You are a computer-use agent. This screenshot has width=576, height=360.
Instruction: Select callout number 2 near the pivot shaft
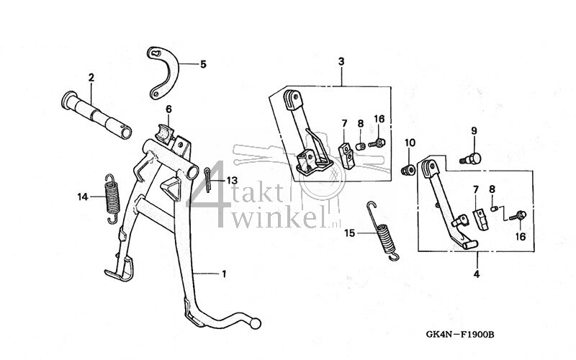(x=91, y=77)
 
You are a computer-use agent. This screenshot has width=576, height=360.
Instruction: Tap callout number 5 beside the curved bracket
(x=203, y=64)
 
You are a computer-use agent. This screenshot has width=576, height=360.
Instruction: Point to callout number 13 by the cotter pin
(x=231, y=179)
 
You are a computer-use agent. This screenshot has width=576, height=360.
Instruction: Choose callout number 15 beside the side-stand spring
(x=349, y=233)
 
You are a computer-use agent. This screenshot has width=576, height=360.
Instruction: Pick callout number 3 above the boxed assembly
(x=341, y=63)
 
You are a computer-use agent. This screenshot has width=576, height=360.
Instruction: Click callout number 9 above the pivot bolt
(x=474, y=130)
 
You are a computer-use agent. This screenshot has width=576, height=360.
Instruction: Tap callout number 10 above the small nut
(x=410, y=142)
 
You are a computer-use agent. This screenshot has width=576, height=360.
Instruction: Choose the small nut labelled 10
(x=408, y=170)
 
